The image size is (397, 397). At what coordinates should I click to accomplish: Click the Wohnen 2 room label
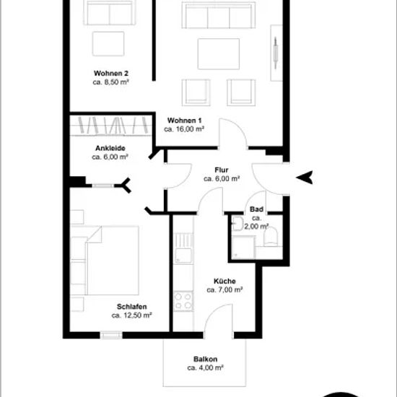click(111, 74)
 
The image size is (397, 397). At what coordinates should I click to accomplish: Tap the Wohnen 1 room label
click(184, 121)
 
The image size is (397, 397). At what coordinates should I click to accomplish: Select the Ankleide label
click(110, 148)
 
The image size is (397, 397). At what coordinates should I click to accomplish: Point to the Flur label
click(222, 170)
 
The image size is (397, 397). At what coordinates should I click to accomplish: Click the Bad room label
click(256, 209)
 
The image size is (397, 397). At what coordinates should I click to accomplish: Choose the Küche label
click(224, 281)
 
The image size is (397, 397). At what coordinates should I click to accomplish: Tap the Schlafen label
click(131, 307)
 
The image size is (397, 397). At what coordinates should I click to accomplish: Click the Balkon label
click(205, 359)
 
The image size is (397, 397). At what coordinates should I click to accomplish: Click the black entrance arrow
click(305, 178)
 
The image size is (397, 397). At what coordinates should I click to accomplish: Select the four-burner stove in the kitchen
click(183, 301)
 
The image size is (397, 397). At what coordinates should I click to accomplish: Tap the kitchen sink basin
click(183, 256)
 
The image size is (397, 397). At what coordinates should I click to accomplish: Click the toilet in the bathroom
click(271, 237)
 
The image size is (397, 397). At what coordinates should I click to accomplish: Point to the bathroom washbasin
click(237, 224)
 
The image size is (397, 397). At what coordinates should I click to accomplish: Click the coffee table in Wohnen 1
click(219, 54)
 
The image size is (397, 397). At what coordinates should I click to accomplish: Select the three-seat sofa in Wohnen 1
click(219, 15)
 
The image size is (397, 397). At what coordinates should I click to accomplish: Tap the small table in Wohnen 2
click(108, 44)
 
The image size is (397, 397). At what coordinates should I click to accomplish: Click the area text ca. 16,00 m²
click(184, 129)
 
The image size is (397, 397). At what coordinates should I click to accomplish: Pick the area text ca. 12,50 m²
click(131, 315)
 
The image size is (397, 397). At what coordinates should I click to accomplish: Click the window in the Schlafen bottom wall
click(111, 335)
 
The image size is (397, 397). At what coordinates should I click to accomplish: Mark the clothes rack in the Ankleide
click(111, 126)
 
